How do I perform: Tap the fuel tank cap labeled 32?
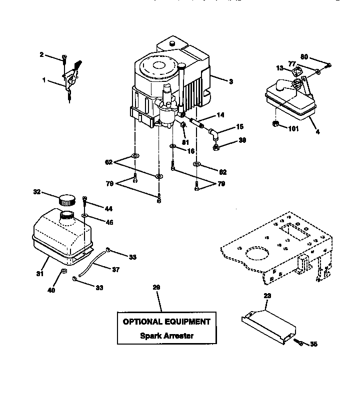[x=66, y=200]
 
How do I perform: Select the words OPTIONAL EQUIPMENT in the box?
[x=166, y=322]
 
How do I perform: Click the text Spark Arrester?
[x=166, y=336]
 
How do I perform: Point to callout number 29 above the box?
[x=156, y=287]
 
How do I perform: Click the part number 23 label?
[x=267, y=296]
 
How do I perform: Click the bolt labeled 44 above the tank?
[x=85, y=200]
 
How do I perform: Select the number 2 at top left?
[x=41, y=54]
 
